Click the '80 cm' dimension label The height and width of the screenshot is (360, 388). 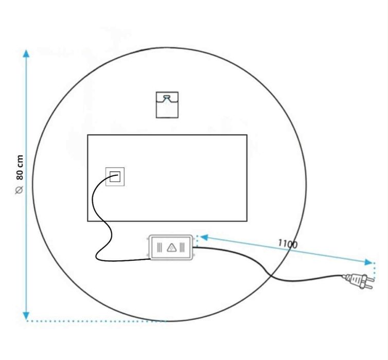[x=20, y=167]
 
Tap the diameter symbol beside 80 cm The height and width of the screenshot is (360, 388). [x=20, y=190]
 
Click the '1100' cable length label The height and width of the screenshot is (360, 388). [x=288, y=243]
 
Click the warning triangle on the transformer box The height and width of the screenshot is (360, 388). [x=172, y=247]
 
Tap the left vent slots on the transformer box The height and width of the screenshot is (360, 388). [x=160, y=247]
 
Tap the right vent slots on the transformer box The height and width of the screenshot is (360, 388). [x=183, y=247]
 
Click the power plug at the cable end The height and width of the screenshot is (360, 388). [x=355, y=280]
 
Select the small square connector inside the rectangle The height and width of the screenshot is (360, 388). [x=115, y=176]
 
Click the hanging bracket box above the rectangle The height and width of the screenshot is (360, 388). [x=167, y=104]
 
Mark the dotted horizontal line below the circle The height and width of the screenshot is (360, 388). [x=98, y=321]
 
